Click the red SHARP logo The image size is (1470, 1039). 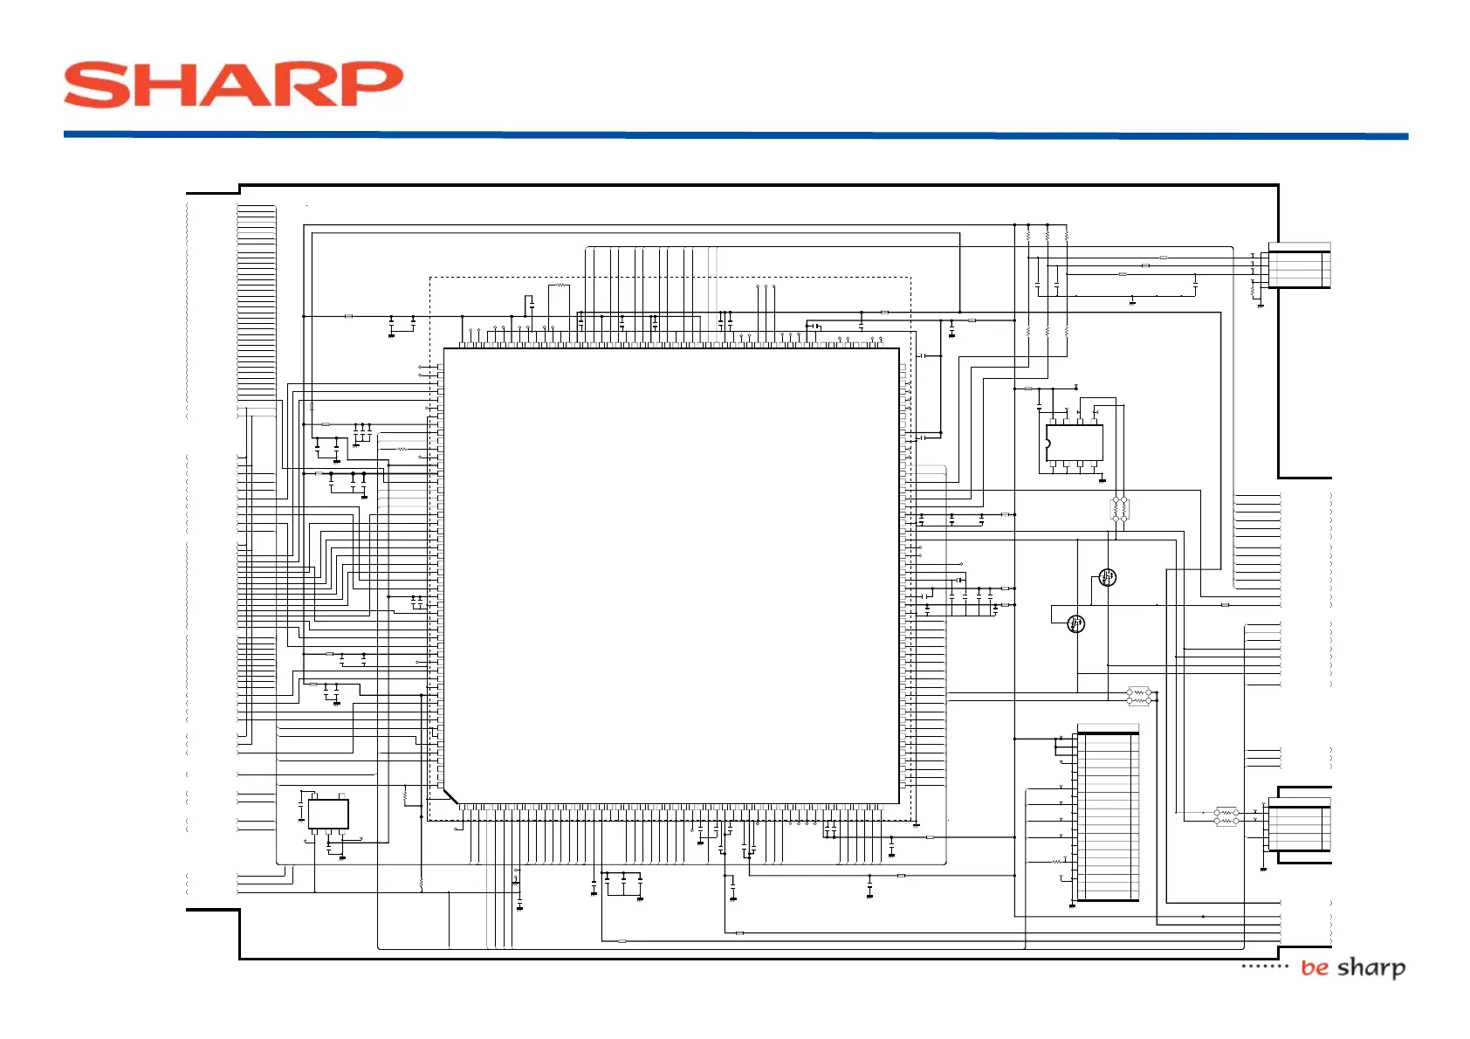pos(233,85)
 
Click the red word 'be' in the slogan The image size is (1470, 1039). pos(1314,967)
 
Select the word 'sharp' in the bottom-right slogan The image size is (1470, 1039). pos(1371,967)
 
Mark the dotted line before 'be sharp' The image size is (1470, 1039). pos(1264,966)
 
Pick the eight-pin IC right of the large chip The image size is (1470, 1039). pos(1075,443)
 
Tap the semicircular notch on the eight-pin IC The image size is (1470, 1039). pos(1048,444)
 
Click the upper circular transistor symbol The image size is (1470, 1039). pos(1107,577)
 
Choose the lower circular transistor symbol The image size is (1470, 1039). pos(1075,623)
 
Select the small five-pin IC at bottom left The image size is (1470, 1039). pos(328,814)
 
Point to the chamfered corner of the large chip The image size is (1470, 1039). pos(450,795)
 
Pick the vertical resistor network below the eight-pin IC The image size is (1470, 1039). pos(1120,508)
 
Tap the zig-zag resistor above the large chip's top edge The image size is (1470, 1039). pos(560,286)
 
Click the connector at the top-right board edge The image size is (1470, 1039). pos(1299,266)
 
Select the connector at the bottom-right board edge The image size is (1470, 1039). pos(1299,826)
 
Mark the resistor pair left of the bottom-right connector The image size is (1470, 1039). pos(1226,816)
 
